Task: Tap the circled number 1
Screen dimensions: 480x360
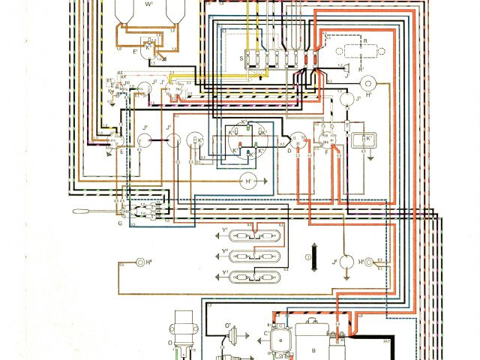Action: coord(307,260)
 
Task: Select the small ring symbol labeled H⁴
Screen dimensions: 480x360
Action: coord(140,262)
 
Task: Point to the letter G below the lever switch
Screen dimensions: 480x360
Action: coord(120,224)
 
